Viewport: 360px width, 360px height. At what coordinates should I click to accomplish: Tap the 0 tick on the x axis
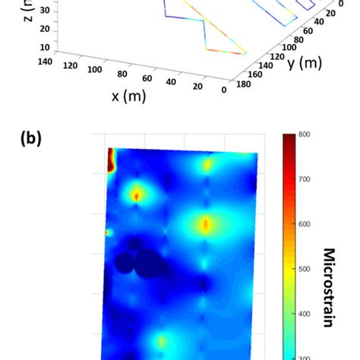click(224, 90)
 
